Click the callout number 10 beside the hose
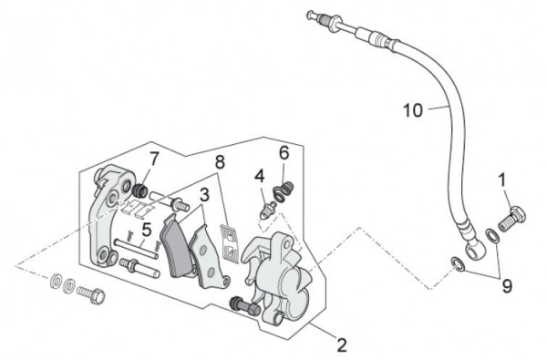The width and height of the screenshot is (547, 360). click(412, 112)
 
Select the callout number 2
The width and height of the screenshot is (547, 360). click(341, 346)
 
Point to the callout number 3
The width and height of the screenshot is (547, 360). click(204, 193)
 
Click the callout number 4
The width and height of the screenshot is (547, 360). click(259, 175)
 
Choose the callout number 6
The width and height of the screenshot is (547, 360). click(284, 151)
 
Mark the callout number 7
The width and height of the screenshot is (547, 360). click(154, 159)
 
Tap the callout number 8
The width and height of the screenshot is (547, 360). click(219, 163)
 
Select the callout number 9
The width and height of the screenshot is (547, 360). click(507, 285)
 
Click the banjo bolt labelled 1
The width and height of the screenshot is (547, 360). click(511, 217)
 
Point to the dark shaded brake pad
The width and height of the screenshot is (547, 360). click(172, 243)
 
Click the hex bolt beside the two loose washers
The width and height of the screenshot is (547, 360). click(91, 293)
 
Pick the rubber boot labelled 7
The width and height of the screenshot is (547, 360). click(141, 192)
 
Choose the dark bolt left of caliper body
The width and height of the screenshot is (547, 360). click(240, 303)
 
